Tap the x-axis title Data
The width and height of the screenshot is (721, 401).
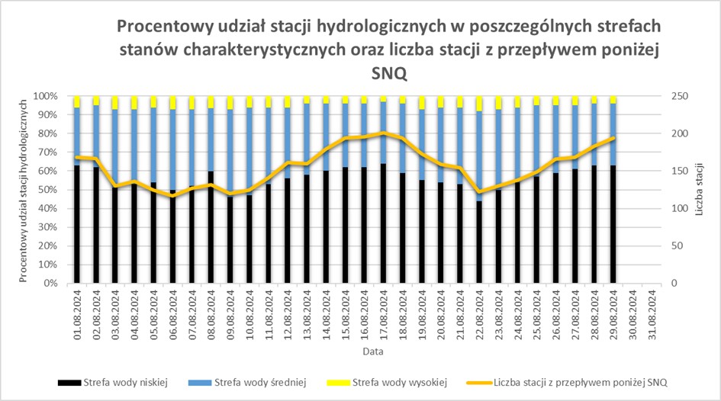point(374,352)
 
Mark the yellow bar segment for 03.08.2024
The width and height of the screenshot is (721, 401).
point(115,102)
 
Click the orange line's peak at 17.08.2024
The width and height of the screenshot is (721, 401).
point(384,133)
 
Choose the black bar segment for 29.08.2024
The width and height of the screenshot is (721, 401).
point(613,224)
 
